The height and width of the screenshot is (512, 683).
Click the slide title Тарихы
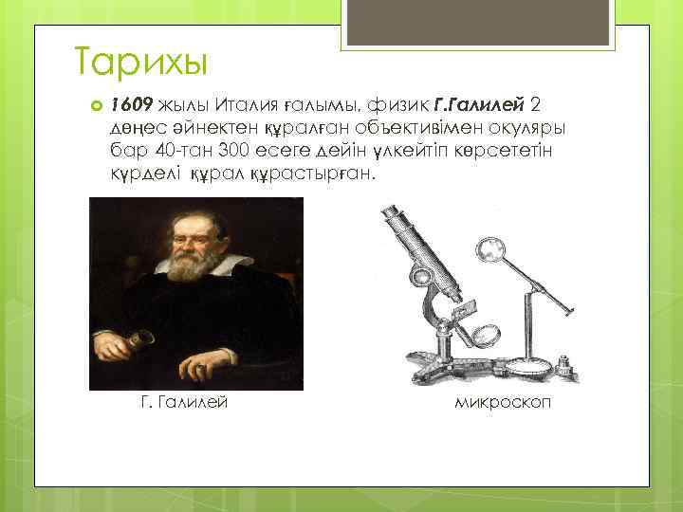pos(139,64)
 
